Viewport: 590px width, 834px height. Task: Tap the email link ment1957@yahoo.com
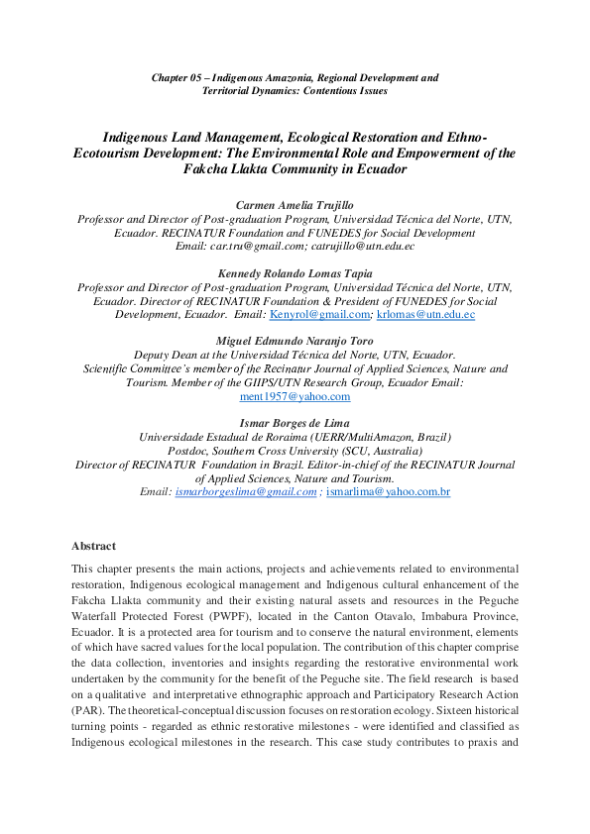click(295, 396)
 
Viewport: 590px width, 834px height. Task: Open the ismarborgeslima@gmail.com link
click(246, 491)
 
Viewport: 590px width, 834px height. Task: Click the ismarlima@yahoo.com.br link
click(388, 491)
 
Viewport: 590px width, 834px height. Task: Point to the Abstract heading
click(93, 546)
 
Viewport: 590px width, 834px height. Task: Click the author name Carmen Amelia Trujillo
click(295, 205)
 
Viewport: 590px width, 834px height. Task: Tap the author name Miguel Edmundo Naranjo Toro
click(295, 342)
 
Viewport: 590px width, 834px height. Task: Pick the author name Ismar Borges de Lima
click(295, 423)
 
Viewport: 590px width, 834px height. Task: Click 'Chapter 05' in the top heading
click(174, 77)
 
